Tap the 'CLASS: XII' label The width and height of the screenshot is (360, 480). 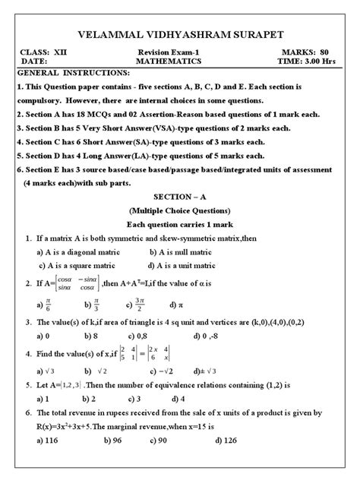(x=45, y=51)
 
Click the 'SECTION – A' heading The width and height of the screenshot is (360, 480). (x=180, y=196)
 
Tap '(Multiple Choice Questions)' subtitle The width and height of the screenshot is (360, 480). (x=180, y=210)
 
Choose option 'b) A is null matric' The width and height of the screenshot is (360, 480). (x=189, y=251)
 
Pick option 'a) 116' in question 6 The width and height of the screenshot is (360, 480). (x=48, y=440)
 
